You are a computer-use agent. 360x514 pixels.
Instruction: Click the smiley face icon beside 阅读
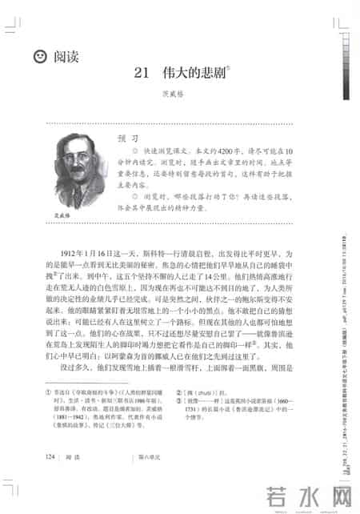point(38,57)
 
